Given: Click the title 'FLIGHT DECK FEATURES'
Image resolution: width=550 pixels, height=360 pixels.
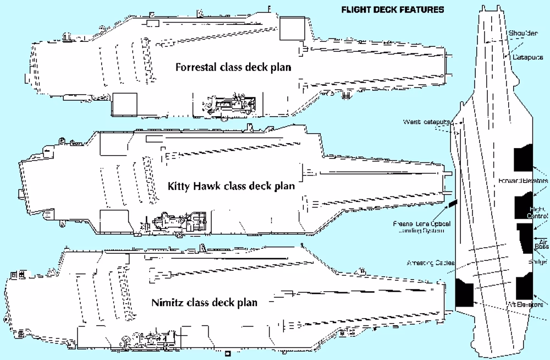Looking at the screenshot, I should [393, 9].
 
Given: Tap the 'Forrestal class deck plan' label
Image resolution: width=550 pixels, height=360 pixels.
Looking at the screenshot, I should [233, 67].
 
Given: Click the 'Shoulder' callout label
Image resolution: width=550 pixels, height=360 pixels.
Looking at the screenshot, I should [523, 33].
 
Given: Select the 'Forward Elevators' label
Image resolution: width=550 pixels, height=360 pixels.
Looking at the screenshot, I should [523, 181].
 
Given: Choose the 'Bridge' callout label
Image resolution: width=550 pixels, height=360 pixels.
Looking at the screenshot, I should [538, 261].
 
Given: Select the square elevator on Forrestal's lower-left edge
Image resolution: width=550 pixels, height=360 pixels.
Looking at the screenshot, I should [124, 104].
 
